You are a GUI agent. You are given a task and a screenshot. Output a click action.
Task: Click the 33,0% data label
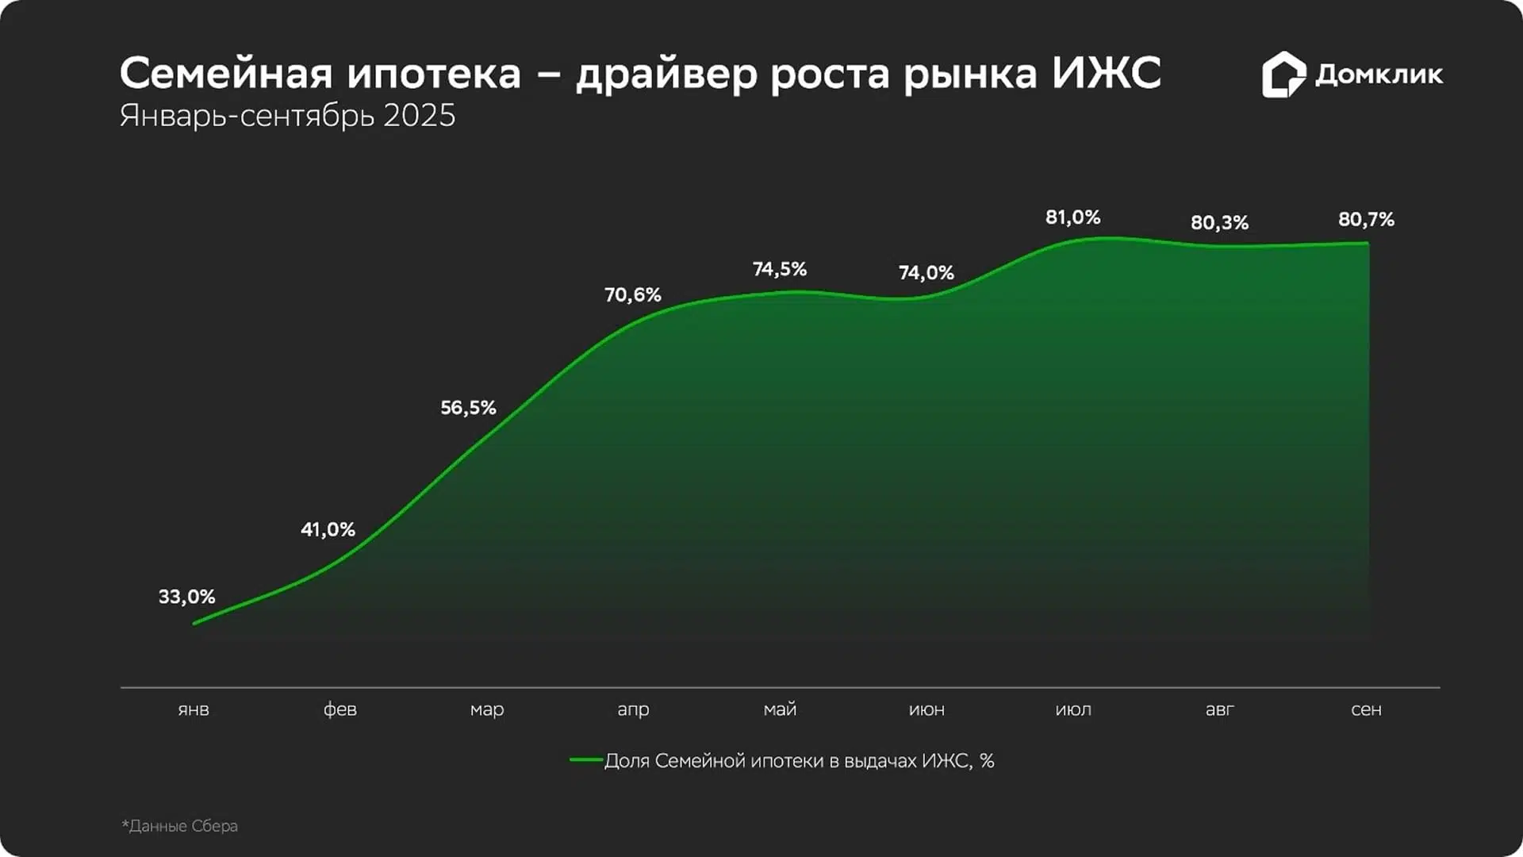(186, 597)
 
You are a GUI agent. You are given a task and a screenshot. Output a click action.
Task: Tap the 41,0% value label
(328, 529)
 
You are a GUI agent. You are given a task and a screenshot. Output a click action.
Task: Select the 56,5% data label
(468, 408)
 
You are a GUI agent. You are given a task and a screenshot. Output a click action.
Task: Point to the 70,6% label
(632, 295)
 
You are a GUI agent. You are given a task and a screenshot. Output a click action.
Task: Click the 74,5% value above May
(779, 270)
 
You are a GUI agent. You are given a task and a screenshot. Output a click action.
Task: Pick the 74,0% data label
(926, 273)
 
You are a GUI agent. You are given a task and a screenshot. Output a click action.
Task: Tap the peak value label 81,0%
(1072, 217)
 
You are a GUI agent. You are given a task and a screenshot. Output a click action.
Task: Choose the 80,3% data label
(1219, 223)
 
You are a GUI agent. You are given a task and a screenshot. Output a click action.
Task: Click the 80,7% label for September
(1366, 220)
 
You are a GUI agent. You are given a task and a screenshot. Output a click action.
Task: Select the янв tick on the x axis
(194, 709)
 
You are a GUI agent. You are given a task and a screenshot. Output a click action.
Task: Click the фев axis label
(340, 709)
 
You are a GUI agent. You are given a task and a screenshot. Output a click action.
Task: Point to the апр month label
(633, 709)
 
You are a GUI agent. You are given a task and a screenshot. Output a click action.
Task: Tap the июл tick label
(1073, 709)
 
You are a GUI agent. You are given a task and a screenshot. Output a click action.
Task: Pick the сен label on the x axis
(1366, 709)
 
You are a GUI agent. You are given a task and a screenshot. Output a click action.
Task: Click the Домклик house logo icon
(1283, 75)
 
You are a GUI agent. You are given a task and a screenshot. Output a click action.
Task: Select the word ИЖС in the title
(1107, 73)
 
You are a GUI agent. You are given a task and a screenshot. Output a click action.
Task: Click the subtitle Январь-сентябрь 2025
(287, 116)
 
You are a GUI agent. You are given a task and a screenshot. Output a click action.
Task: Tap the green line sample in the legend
(585, 760)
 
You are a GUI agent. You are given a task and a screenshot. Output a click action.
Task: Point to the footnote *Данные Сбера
(180, 826)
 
